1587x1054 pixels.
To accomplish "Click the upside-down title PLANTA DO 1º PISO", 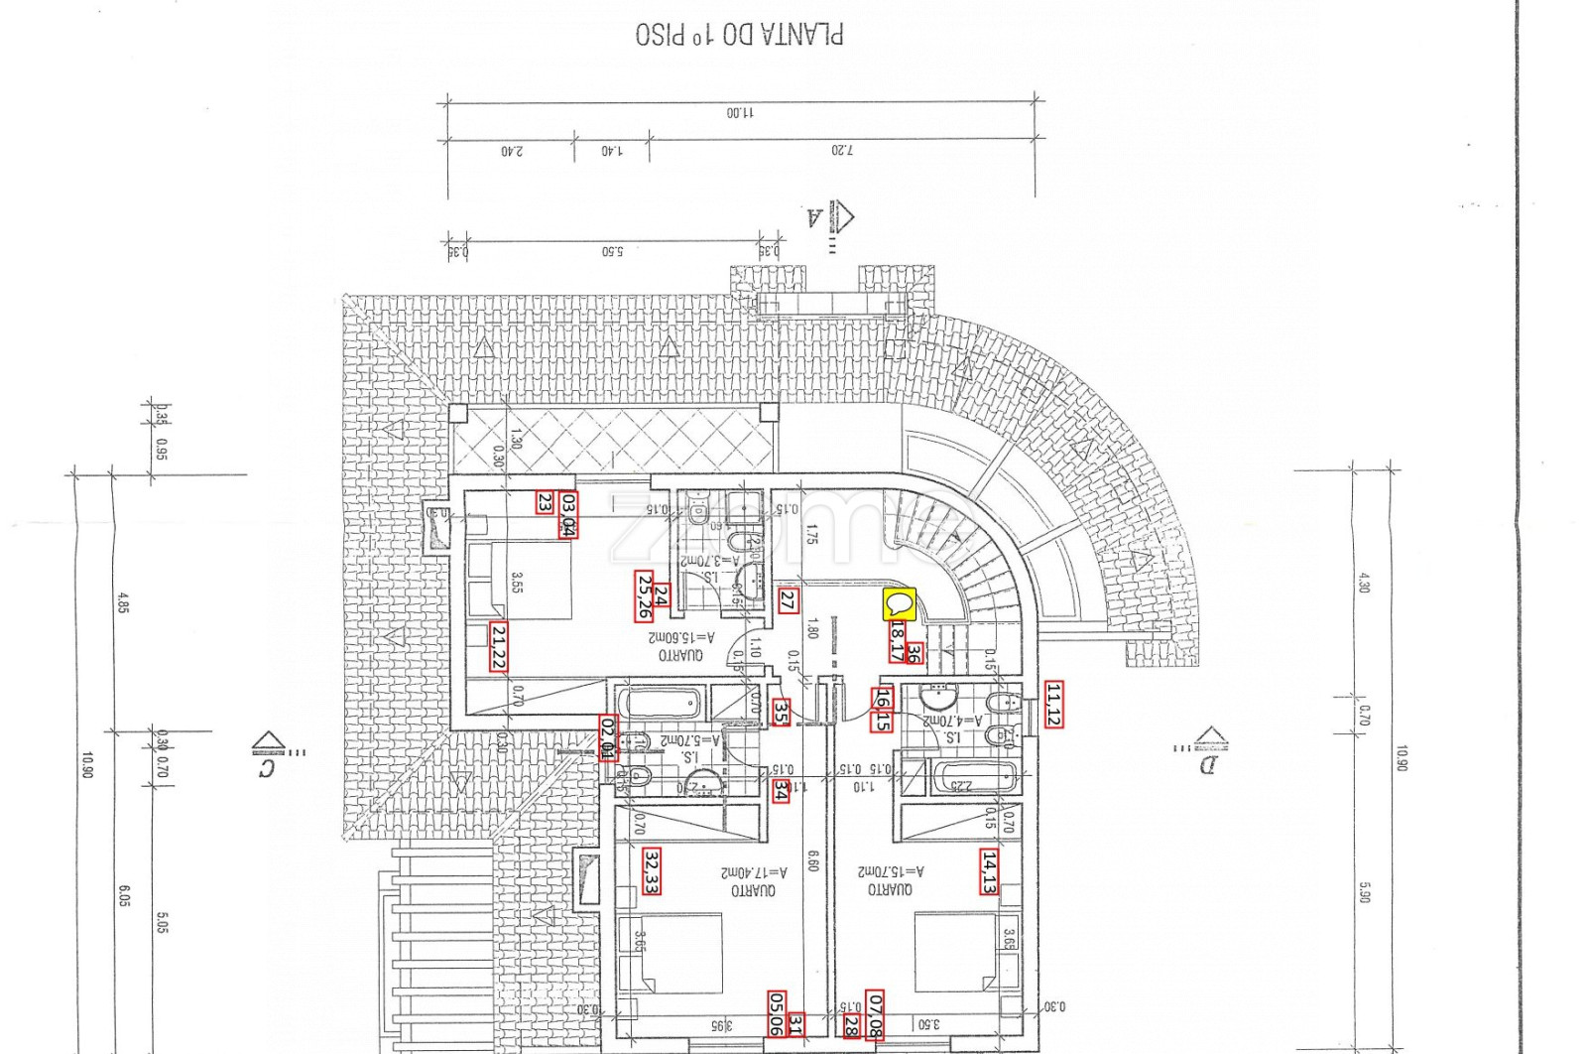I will (739, 35).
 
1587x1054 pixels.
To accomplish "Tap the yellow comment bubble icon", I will (899, 604).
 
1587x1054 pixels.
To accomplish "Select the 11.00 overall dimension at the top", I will (740, 113).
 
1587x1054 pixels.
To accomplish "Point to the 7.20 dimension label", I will (841, 151).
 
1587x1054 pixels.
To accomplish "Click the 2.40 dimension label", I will (512, 151).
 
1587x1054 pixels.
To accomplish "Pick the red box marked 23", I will (545, 502).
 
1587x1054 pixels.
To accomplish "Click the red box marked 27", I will (788, 600).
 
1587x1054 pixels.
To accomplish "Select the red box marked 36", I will (914, 653).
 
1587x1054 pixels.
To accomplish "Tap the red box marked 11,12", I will (1053, 704).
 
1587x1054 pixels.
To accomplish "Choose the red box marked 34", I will (782, 790).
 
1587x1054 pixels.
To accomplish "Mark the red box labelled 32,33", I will (652, 870).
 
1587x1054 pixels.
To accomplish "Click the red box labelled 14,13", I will (989, 871).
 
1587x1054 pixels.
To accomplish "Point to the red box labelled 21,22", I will (498, 646).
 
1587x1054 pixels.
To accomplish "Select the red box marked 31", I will (795, 1023).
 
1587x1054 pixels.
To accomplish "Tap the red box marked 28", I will (851, 1025).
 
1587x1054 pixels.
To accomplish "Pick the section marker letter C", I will (266, 766).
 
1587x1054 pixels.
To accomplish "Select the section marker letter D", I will (1207, 763).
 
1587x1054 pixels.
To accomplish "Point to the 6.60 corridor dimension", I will (812, 859).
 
